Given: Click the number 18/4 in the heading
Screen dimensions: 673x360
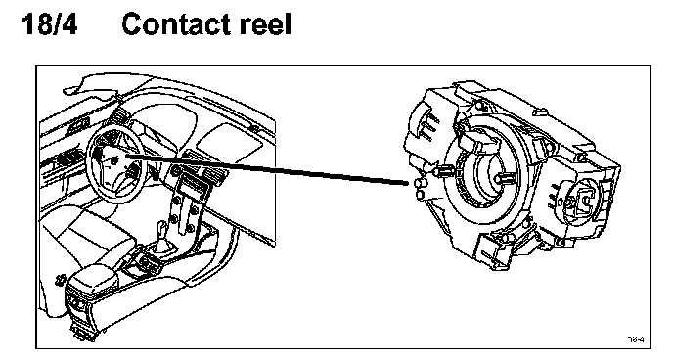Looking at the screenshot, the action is [x=49, y=24].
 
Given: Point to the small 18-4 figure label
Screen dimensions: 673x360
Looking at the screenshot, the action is [x=636, y=339].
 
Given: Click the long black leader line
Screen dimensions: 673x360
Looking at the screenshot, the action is [x=267, y=170].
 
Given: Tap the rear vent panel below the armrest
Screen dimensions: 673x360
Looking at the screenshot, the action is [x=78, y=303].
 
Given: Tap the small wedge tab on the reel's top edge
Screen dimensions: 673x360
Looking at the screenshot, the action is [x=540, y=112].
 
